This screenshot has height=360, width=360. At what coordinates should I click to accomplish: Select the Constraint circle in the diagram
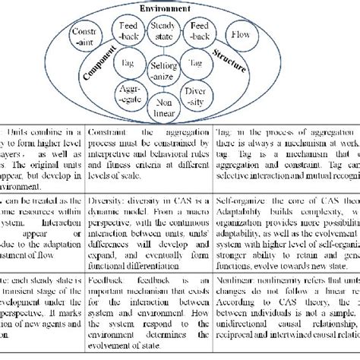tap(80, 39)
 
